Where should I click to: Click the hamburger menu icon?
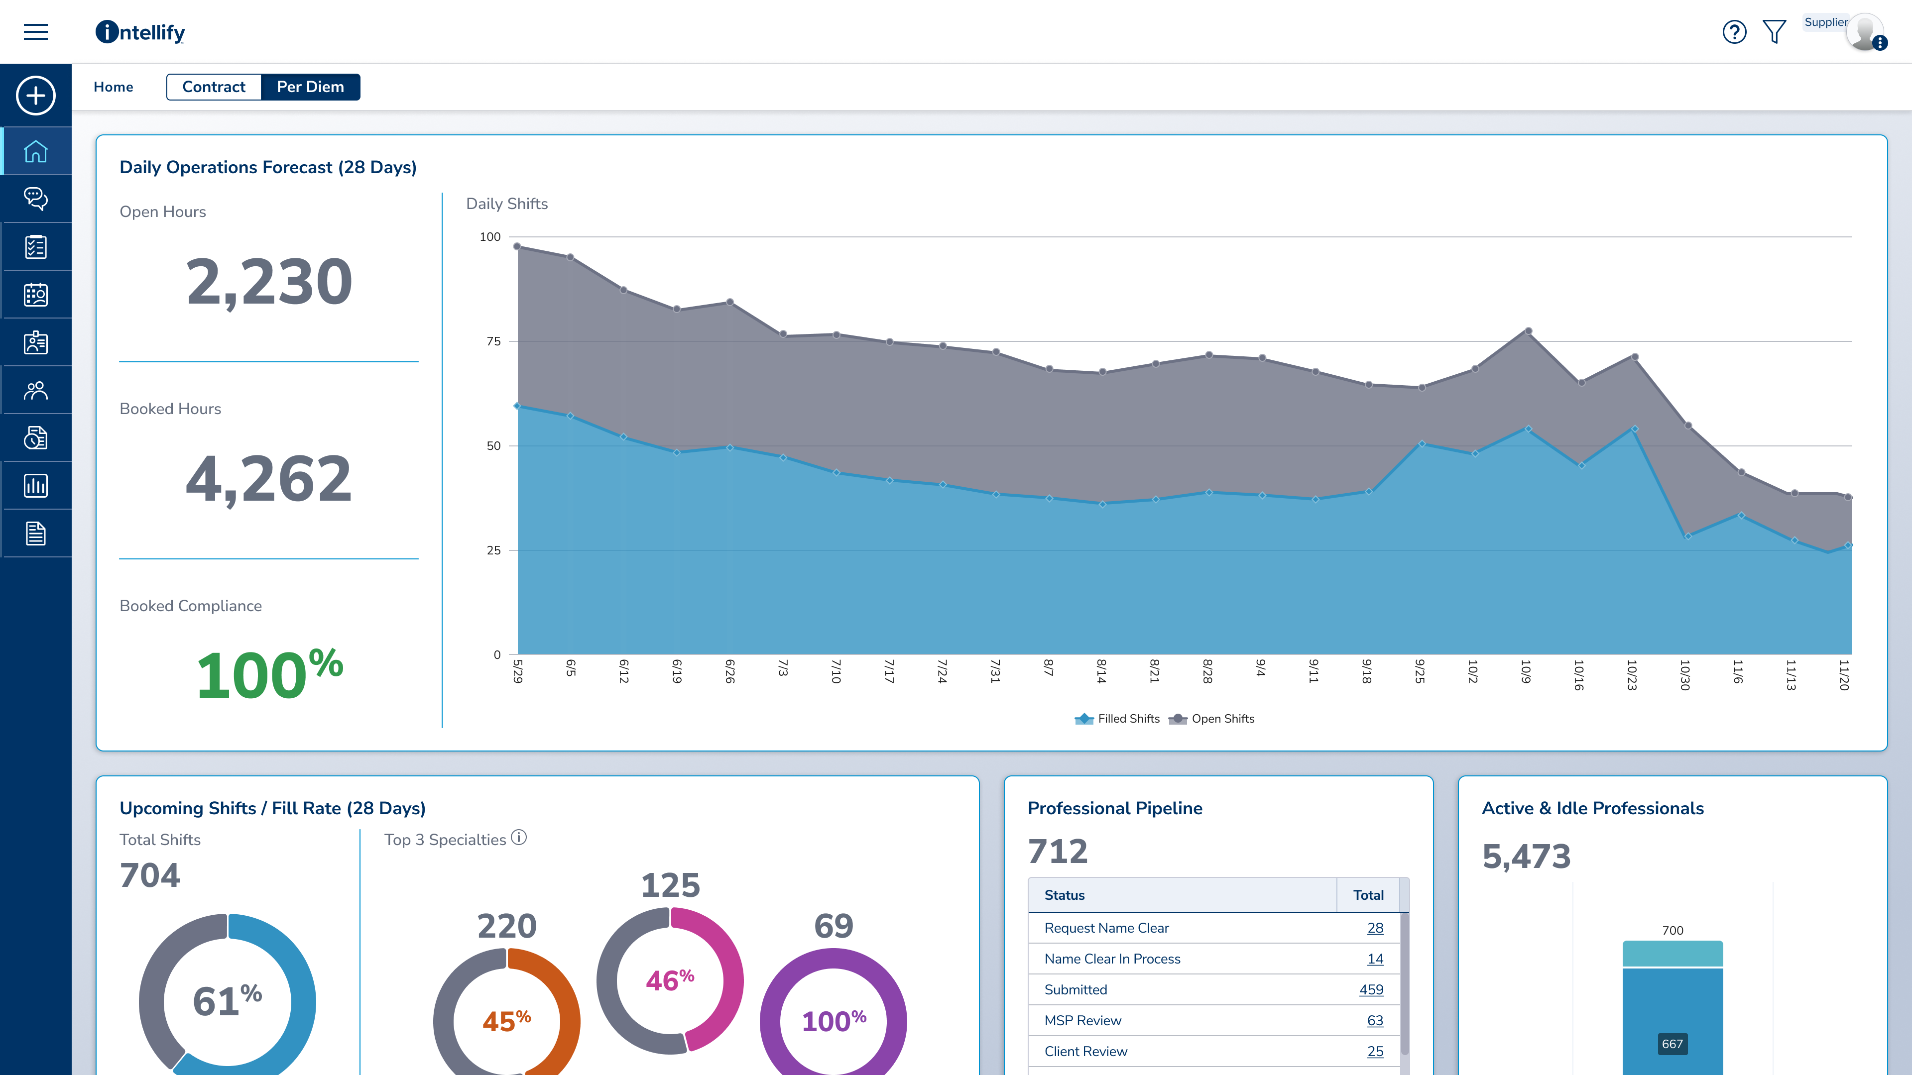pyautogui.click(x=36, y=32)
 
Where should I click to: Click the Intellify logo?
pyautogui.click(x=140, y=32)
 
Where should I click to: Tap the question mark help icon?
pyautogui.click(x=1734, y=32)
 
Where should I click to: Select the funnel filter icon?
pyautogui.click(x=1774, y=32)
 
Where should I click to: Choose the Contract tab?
pyautogui.click(x=214, y=87)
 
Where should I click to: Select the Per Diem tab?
pyautogui.click(x=310, y=87)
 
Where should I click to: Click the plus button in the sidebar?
pyautogui.click(x=36, y=96)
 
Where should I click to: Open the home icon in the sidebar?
pyautogui.click(x=36, y=151)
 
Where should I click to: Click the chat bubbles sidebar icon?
pyautogui.click(x=36, y=199)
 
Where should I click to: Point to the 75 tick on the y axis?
pyautogui.click(x=493, y=341)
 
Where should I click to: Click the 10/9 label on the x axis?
pyautogui.click(x=1526, y=671)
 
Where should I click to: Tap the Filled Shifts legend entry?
pyautogui.click(x=1118, y=718)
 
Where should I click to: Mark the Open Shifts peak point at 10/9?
pyautogui.click(x=1528, y=331)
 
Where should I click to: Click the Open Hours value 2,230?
pyautogui.click(x=269, y=282)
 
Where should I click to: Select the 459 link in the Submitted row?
pyautogui.click(x=1371, y=990)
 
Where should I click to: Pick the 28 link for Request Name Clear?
pyautogui.click(x=1375, y=928)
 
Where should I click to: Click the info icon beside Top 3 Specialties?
pyautogui.click(x=519, y=838)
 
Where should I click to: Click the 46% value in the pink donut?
pyautogui.click(x=670, y=980)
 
